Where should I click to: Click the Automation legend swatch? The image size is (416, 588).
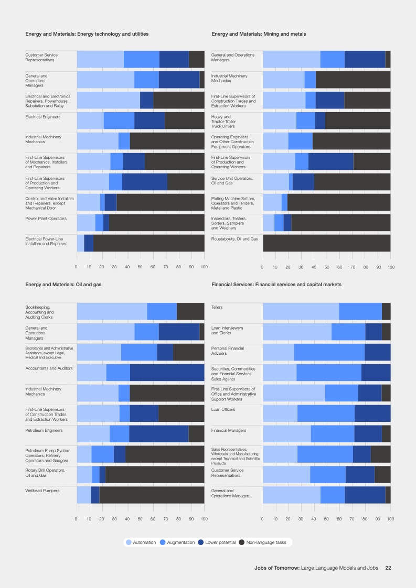point(129,542)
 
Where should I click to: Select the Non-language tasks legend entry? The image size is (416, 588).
point(262,542)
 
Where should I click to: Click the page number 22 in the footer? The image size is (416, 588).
point(388,568)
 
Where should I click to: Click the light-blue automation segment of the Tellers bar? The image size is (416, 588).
point(301,311)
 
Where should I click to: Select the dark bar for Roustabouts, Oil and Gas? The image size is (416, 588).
point(326,243)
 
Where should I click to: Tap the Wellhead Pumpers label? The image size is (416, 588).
point(42,491)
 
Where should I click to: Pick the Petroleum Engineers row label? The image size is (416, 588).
point(44,430)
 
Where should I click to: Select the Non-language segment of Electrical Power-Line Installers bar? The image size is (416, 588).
point(148,243)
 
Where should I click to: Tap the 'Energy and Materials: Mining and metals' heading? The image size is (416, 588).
point(259,34)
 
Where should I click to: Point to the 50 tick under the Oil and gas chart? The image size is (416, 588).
point(141,518)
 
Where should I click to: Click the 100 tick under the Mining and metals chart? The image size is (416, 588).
point(390,268)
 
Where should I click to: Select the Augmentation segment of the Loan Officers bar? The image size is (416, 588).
point(326,413)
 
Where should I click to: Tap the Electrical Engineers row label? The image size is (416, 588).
point(43,116)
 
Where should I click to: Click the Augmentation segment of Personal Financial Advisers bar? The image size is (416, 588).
point(329,352)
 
